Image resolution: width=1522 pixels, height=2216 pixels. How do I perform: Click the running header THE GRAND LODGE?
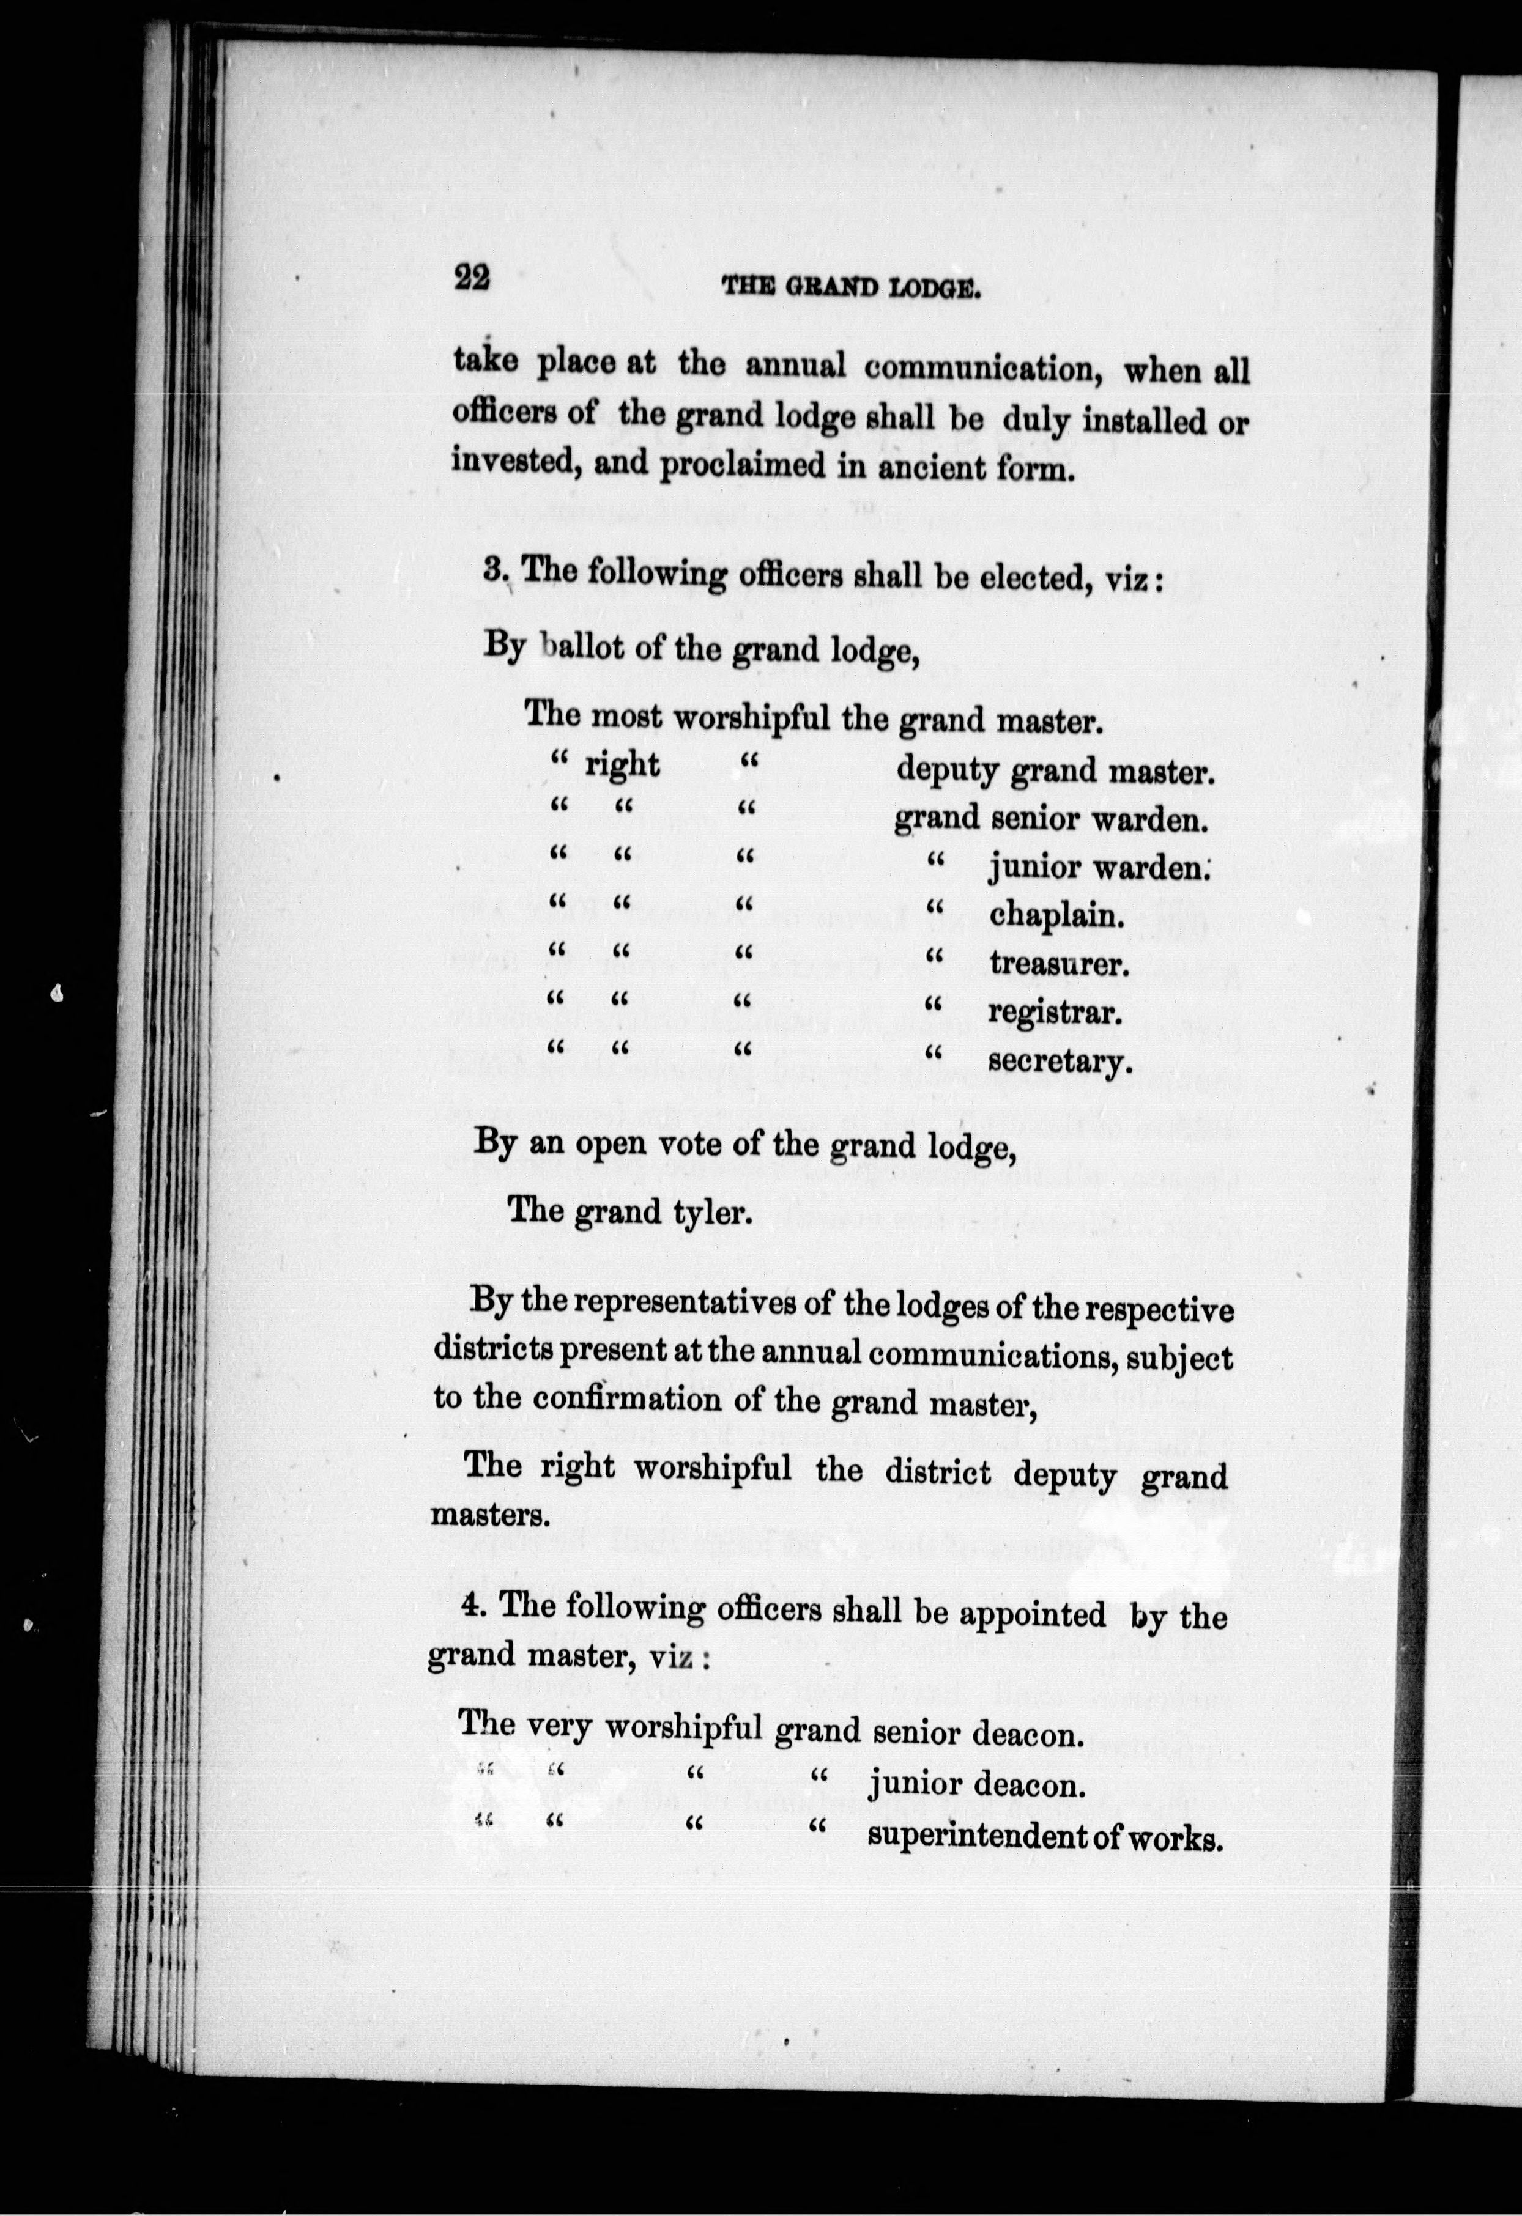coord(852,286)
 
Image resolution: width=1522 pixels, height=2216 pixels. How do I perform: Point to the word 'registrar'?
coord(1053,1012)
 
